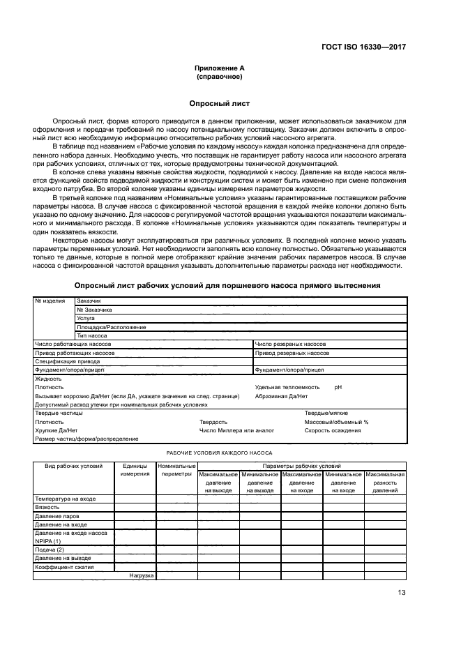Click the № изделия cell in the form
point(50,301)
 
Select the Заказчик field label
point(89,301)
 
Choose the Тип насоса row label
point(91,335)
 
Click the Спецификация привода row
point(64,361)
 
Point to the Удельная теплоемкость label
point(287,387)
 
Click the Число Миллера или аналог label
point(236,430)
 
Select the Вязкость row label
point(47,508)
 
